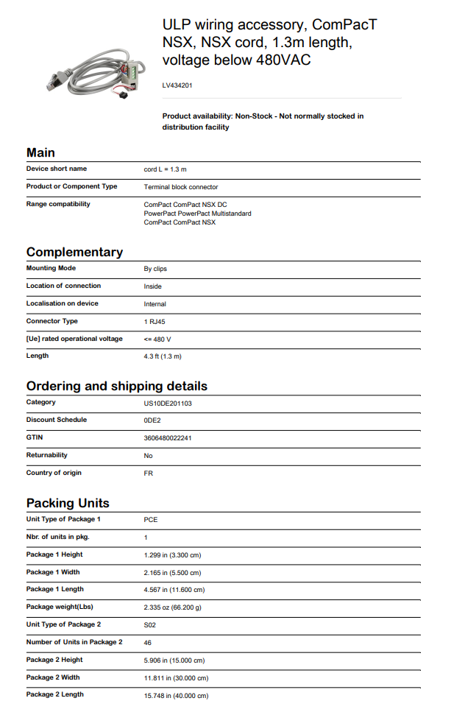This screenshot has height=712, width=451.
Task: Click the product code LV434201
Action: (x=177, y=85)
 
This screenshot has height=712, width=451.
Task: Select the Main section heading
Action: (x=40, y=152)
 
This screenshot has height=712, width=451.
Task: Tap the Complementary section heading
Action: (x=74, y=252)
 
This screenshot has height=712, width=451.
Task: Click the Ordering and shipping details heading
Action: (x=116, y=386)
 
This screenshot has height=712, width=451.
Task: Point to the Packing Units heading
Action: (x=68, y=503)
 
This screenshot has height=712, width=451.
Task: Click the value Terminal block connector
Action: (x=180, y=187)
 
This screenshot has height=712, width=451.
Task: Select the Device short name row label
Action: (x=57, y=169)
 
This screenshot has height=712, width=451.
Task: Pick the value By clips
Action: (x=155, y=269)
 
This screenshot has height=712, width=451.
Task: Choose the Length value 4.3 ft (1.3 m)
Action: (x=163, y=356)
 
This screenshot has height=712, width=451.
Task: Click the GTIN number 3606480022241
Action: (x=168, y=438)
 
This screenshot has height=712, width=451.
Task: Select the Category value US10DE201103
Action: (x=168, y=403)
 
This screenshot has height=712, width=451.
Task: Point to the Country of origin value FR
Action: (x=148, y=473)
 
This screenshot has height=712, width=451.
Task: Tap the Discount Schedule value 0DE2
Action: (x=152, y=420)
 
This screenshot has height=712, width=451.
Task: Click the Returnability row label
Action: (x=46, y=455)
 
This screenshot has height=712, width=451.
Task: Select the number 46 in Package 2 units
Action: (x=148, y=643)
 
